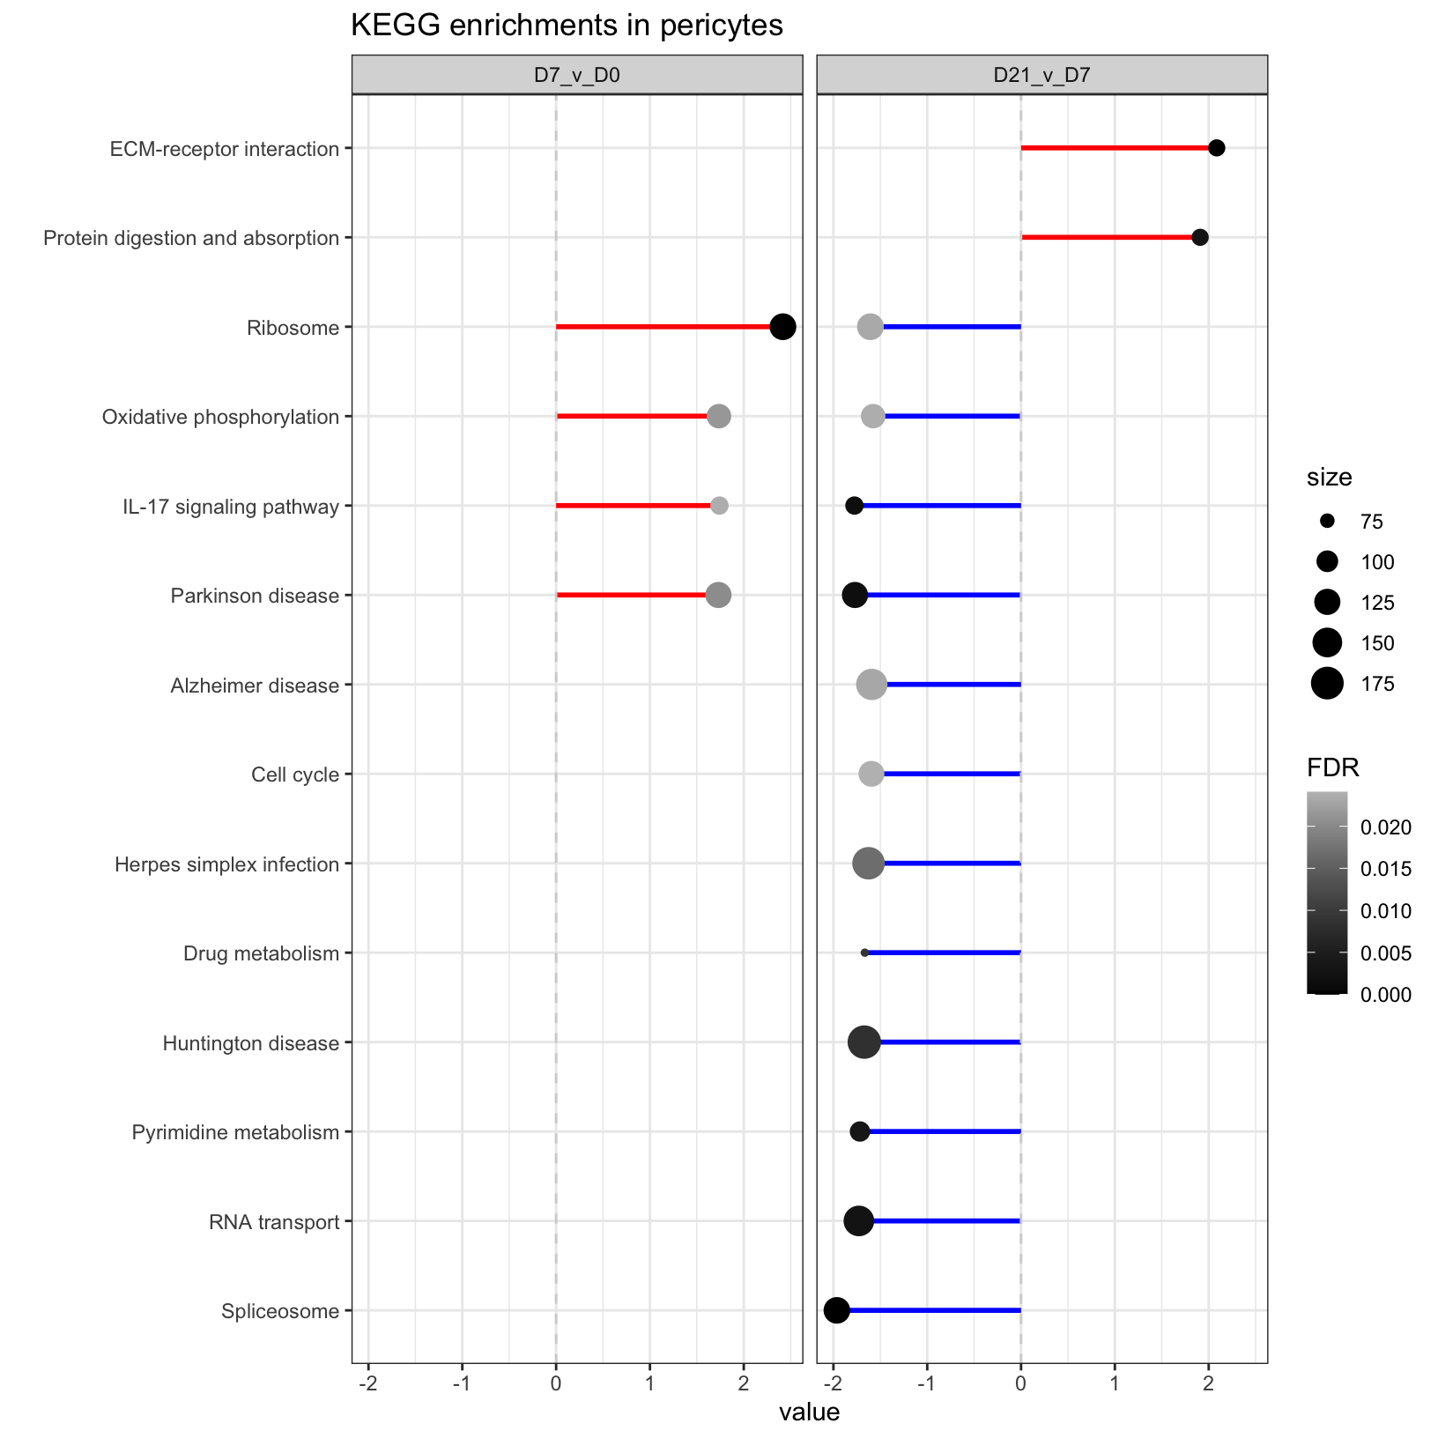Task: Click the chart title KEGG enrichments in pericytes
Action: click(x=567, y=26)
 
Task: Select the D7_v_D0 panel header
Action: click(x=577, y=75)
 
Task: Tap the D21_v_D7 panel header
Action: click(x=1041, y=75)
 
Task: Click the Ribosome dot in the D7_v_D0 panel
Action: click(x=782, y=327)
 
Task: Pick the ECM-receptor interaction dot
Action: click(x=1216, y=148)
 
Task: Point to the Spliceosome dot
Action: click(x=836, y=1310)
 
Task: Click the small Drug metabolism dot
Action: click(x=864, y=952)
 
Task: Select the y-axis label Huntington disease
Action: click(x=251, y=1044)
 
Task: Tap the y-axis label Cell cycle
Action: click(x=295, y=775)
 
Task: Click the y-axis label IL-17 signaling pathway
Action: click(x=231, y=508)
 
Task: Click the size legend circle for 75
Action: click(x=1327, y=522)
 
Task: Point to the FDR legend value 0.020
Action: click(x=1386, y=828)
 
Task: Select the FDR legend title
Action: click(x=1332, y=768)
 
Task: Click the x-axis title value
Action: click(x=809, y=1413)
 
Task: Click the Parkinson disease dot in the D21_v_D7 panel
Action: click(x=855, y=595)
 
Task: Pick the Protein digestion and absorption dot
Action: click(x=1199, y=237)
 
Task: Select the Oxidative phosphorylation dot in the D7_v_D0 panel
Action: click(x=719, y=416)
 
